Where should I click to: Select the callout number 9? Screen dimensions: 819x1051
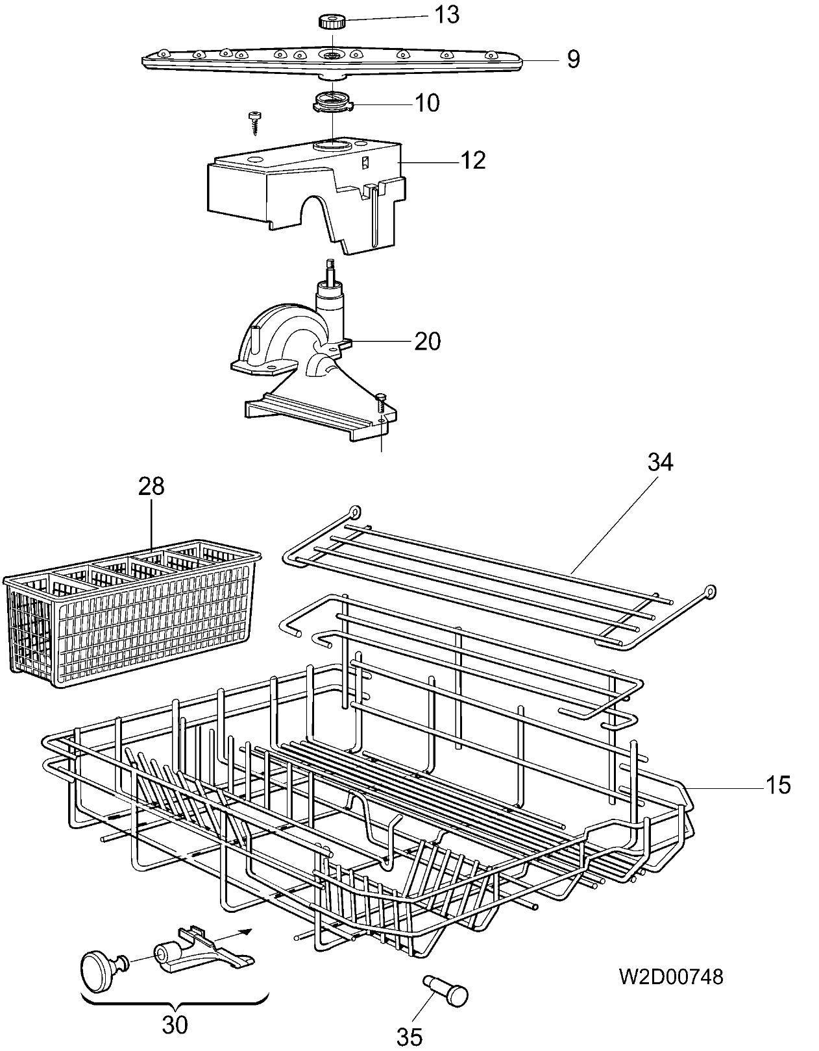(573, 59)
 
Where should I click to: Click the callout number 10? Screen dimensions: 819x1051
(427, 103)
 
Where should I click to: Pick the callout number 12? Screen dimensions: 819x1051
(472, 160)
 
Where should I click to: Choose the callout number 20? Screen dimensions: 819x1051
(428, 341)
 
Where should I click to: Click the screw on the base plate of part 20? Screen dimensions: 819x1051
(381, 403)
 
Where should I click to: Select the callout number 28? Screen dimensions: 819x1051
(151, 486)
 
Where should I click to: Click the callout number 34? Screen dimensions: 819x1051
(661, 463)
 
